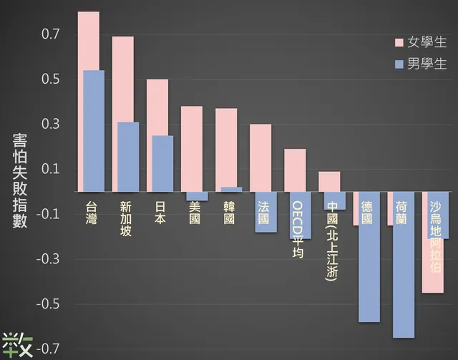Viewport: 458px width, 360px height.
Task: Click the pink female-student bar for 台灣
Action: pos(88,40)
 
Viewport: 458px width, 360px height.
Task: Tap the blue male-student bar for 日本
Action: pos(162,163)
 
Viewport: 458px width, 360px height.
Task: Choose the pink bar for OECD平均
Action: pos(295,170)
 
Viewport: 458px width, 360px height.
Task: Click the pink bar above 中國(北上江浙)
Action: pos(329,181)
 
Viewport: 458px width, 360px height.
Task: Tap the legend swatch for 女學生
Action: pos(398,42)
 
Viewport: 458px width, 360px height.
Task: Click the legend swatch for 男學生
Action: pos(398,64)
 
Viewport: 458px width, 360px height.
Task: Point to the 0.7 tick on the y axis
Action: pos(59,34)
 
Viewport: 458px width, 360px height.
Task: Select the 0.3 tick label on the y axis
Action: pos(59,125)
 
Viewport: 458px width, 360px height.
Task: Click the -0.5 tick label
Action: pos(57,304)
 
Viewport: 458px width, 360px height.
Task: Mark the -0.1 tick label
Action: pos(57,214)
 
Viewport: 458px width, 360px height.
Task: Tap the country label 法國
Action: pos(264,213)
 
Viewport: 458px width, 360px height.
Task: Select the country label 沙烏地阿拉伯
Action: pos(436,237)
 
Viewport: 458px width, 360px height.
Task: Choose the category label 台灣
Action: pos(91,213)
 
